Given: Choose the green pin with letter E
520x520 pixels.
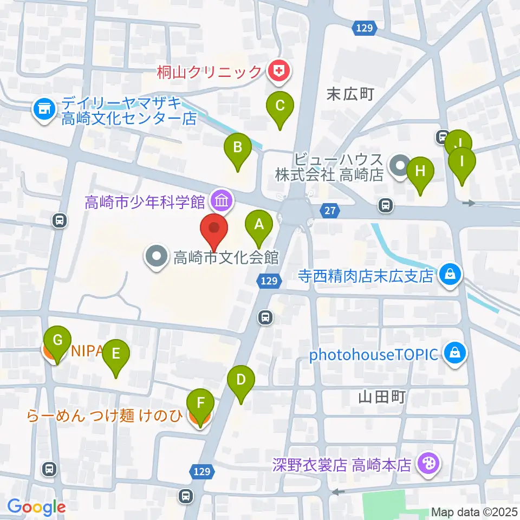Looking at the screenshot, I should (116, 355).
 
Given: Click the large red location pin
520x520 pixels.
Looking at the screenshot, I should (214, 230).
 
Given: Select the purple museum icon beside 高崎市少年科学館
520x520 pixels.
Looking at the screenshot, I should (222, 201).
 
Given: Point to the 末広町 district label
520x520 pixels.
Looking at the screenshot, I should (350, 94).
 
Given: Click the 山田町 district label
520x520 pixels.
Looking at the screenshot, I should (382, 398).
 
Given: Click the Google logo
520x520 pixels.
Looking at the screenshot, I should (36, 507).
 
